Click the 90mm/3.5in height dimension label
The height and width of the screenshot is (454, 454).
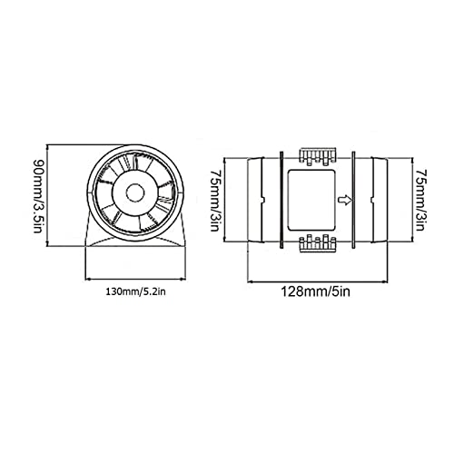pos(37,196)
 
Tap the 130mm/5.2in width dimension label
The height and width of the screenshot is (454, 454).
pos(135,292)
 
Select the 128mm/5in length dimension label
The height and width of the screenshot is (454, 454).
pos(316,291)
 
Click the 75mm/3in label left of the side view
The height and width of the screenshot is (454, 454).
pos(214,201)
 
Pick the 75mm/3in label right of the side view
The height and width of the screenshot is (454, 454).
pos(420,200)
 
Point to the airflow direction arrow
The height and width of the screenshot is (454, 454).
pos(345,200)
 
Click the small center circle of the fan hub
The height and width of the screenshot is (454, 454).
pos(135,193)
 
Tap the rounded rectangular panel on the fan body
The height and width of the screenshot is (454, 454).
pos(311,200)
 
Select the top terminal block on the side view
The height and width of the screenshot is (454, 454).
pos(318,157)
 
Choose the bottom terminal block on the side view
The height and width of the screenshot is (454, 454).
pos(318,243)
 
